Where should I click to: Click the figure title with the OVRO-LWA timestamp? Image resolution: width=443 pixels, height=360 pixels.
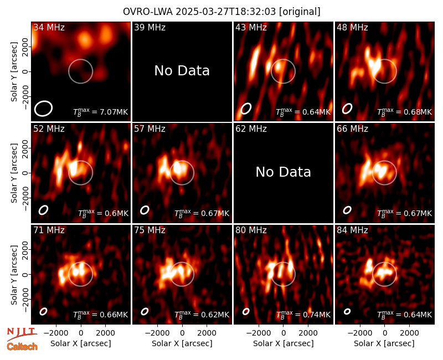click(x=221, y=12)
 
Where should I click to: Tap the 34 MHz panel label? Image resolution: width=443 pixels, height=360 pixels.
click(x=49, y=27)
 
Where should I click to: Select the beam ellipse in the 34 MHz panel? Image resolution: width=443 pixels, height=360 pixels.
click(x=44, y=109)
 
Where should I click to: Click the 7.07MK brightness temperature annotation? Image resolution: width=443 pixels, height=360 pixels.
click(x=101, y=112)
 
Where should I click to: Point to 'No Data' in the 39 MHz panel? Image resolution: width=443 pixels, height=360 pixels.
click(x=182, y=71)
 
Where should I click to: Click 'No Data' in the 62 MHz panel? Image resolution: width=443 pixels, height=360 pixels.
click(x=283, y=172)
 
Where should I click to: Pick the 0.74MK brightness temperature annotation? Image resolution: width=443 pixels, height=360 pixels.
click(x=303, y=315)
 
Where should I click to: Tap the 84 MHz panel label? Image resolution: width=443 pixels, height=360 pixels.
click(x=352, y=230)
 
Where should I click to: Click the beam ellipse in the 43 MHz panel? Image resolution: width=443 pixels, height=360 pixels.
click(x=246, y=109)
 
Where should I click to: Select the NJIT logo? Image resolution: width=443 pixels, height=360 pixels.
click(x=22, y=333)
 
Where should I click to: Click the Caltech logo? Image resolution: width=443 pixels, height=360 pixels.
click(x=22, y=347)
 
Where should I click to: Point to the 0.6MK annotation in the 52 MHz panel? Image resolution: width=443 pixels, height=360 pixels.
click(x=103, y=213)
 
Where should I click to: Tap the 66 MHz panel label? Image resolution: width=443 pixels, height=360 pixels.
click(x=352, y=129)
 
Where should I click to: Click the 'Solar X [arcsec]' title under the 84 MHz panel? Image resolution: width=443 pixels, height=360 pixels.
click(x=384, y=343)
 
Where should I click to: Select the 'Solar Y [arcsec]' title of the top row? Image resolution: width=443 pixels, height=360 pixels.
click(x=14, y=72)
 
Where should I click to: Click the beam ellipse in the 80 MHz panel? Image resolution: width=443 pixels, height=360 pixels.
click(x=246, y=311)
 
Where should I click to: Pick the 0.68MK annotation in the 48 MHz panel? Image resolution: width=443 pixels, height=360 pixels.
click(x=404, y=112)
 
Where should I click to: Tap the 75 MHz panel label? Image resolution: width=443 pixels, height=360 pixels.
click(x=150, y=230)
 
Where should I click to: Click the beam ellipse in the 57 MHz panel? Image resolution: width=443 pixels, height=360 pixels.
click(x=145, y=210)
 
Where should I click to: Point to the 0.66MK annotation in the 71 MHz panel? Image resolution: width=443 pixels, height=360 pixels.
click(x=101, y=315)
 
